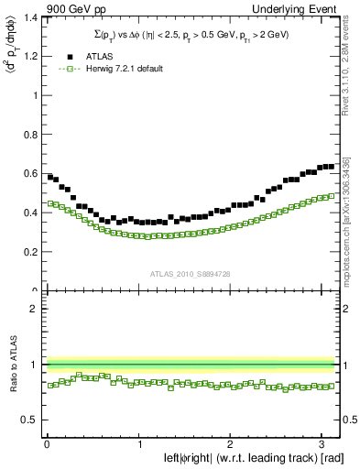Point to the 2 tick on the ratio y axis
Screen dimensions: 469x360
pos(35,309)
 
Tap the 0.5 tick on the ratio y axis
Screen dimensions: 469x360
pos(30,420)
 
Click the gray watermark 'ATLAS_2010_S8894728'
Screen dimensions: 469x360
pos(190,273)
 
